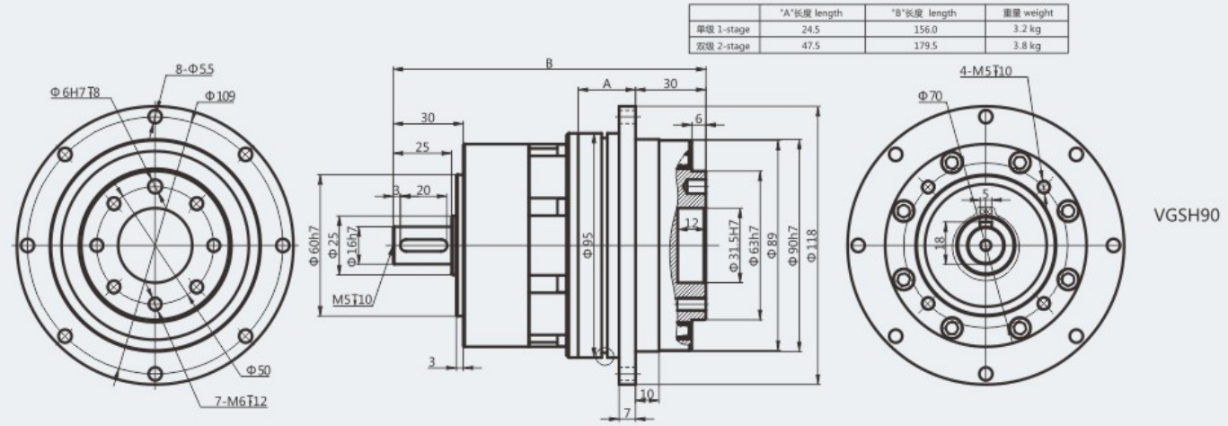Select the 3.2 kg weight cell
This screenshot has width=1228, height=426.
point(1026,30)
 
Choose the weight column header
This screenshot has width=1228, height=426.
point(1026,13)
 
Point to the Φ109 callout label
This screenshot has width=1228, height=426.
point(219,96)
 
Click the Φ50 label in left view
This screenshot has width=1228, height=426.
point(258,370)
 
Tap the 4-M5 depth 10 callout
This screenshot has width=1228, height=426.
point(986,71)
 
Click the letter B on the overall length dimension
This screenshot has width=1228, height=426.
point(550,64)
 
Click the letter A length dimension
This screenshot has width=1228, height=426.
point(607,84)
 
